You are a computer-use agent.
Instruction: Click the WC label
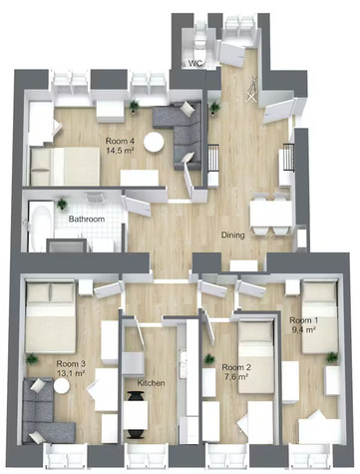pos(194,63)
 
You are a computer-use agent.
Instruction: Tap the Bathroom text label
pos(87,219)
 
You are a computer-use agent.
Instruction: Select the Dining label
pos(233,235)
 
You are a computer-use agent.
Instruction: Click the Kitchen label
pos(151,383)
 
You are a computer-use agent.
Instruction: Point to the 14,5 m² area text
pos(120,150)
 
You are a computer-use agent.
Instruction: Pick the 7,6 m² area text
pos(235,377)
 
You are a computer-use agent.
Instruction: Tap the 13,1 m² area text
pos(71,373)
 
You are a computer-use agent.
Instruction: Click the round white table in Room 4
pos(154,142)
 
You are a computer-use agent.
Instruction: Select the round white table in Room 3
pos(62,386)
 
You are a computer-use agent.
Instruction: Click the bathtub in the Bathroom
pos(39,227)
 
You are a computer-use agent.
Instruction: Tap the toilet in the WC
pos(200,44)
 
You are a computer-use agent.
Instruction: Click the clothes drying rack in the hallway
pos(252,88)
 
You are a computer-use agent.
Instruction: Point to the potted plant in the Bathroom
pos(62,204)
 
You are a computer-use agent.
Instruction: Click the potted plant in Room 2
pos(209,359)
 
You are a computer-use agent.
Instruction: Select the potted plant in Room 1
pos(331,357)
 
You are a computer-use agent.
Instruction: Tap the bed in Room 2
pos(256,356)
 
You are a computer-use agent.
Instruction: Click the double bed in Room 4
pos(65,166)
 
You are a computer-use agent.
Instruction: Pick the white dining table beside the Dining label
pos(271,214)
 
